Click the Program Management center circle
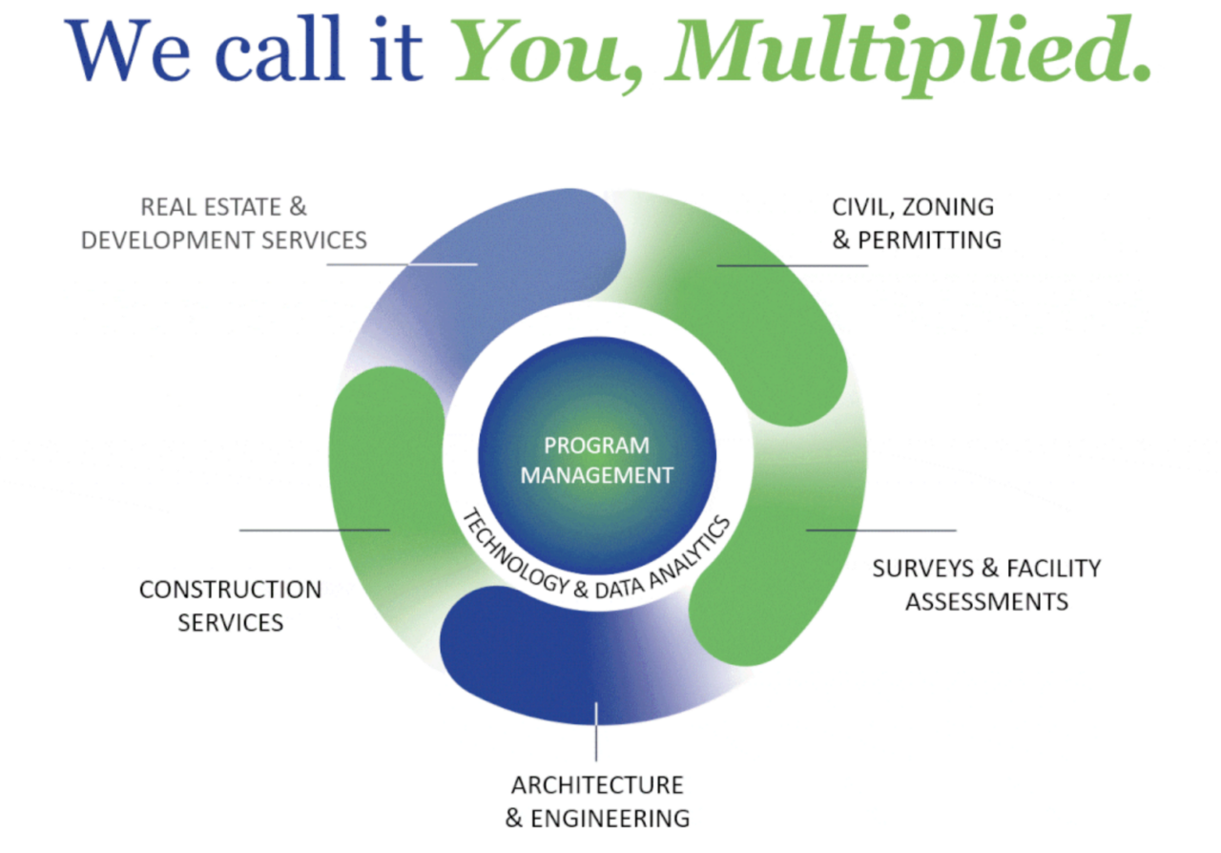(597, 456)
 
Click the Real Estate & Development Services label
(224, 223)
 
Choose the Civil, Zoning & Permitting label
(917, 223)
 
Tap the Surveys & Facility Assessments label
(986, 585)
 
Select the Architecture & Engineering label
(597, 801)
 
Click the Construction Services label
(231, 606)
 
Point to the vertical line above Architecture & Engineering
(596, 732)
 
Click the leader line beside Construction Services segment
(315, 530)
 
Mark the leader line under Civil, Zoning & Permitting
(793, 265)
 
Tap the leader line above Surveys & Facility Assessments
(881, 530)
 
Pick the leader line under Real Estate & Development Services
(403, 264)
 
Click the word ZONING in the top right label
(948, 208)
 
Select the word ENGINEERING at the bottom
(610, 819)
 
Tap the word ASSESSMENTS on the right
(987, 602)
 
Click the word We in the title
(127, 49)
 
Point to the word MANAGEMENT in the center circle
(597, 475)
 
